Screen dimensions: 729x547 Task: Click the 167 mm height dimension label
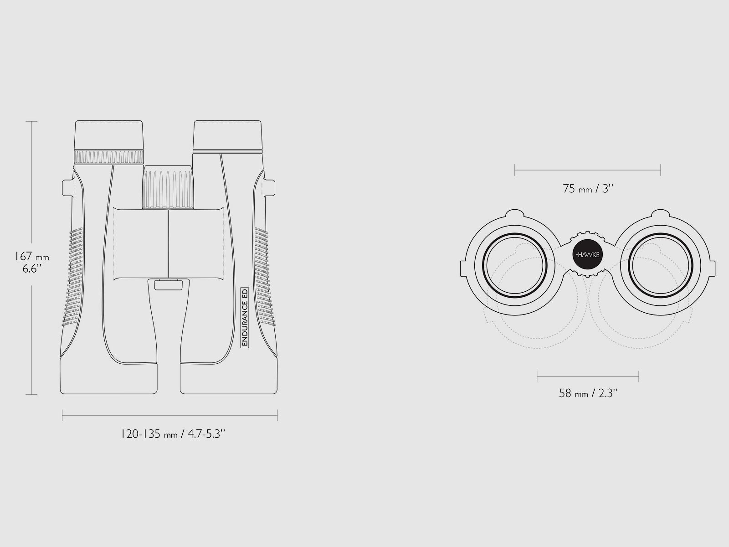(31, 262)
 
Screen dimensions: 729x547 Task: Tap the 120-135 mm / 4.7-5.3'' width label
(173, 434)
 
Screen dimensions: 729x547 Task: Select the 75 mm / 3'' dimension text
(588, 189)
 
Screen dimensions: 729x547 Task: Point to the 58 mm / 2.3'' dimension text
(588, 393)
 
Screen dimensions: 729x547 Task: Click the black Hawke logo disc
(588, 254)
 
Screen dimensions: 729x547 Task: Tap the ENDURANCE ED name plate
(245, 318)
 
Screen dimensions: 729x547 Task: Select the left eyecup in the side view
(109, 135)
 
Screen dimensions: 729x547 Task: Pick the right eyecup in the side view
(227, 135)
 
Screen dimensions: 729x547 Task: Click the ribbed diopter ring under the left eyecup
(109, 157)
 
